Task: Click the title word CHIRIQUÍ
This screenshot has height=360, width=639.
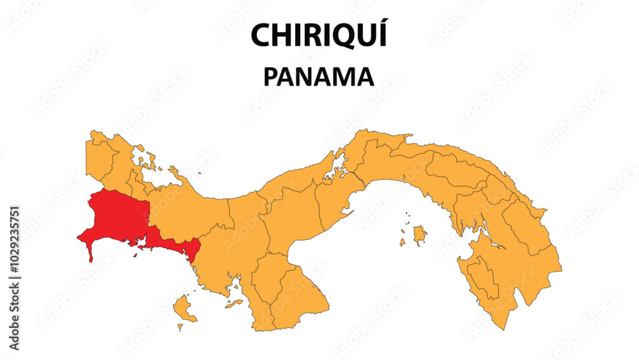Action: tap(319, 35)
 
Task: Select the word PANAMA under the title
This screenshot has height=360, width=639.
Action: tap(319, 77)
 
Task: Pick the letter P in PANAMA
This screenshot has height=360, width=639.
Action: tap(270, 77)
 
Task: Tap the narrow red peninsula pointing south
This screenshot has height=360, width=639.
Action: tap(90, 251)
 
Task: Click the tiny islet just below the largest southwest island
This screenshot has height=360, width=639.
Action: tap(180, 327)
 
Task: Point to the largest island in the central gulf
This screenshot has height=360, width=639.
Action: tap(419, 235)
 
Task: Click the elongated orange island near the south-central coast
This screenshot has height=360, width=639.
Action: tap(234, 303)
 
